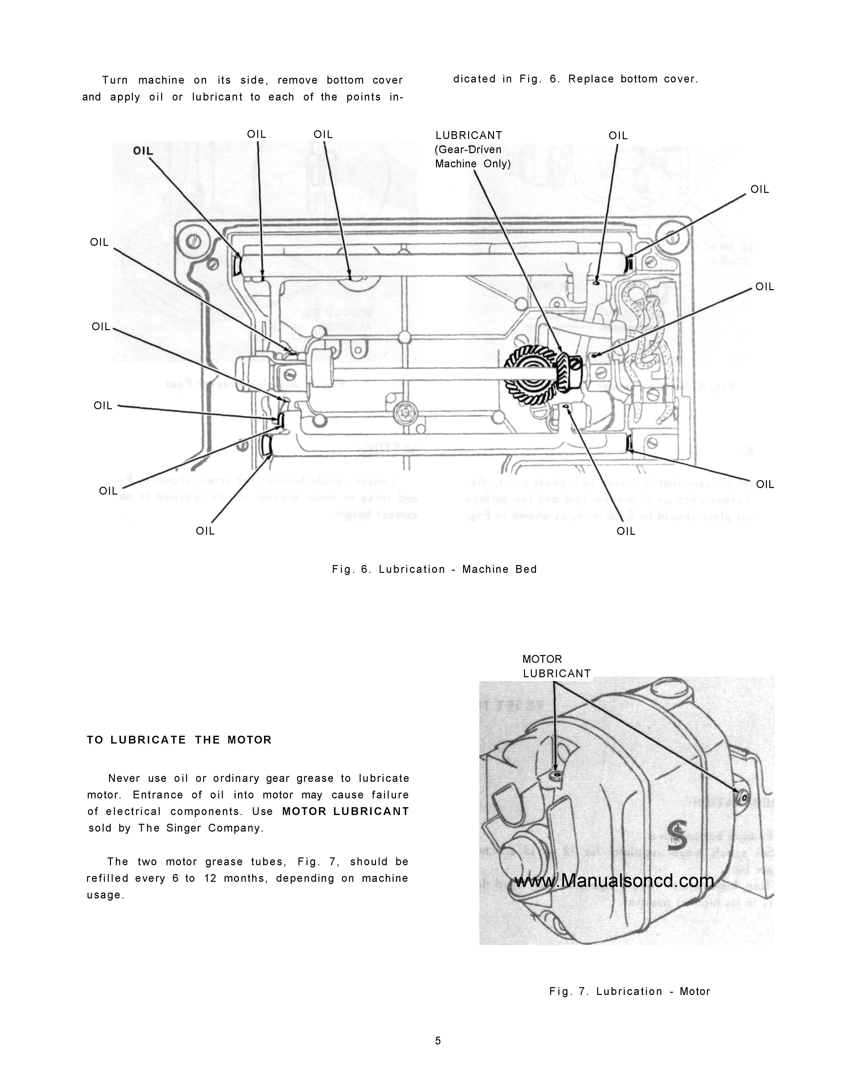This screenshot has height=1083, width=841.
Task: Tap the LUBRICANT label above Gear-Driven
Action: point(469,135)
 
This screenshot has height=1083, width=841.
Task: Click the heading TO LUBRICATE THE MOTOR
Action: point(179,740)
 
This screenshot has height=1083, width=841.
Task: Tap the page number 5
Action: point(438,1041)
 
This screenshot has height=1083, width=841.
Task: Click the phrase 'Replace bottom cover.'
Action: point(633,79)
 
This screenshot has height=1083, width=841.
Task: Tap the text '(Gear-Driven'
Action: point(468,150)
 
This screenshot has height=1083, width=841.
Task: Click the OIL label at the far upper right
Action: point(759,189)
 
